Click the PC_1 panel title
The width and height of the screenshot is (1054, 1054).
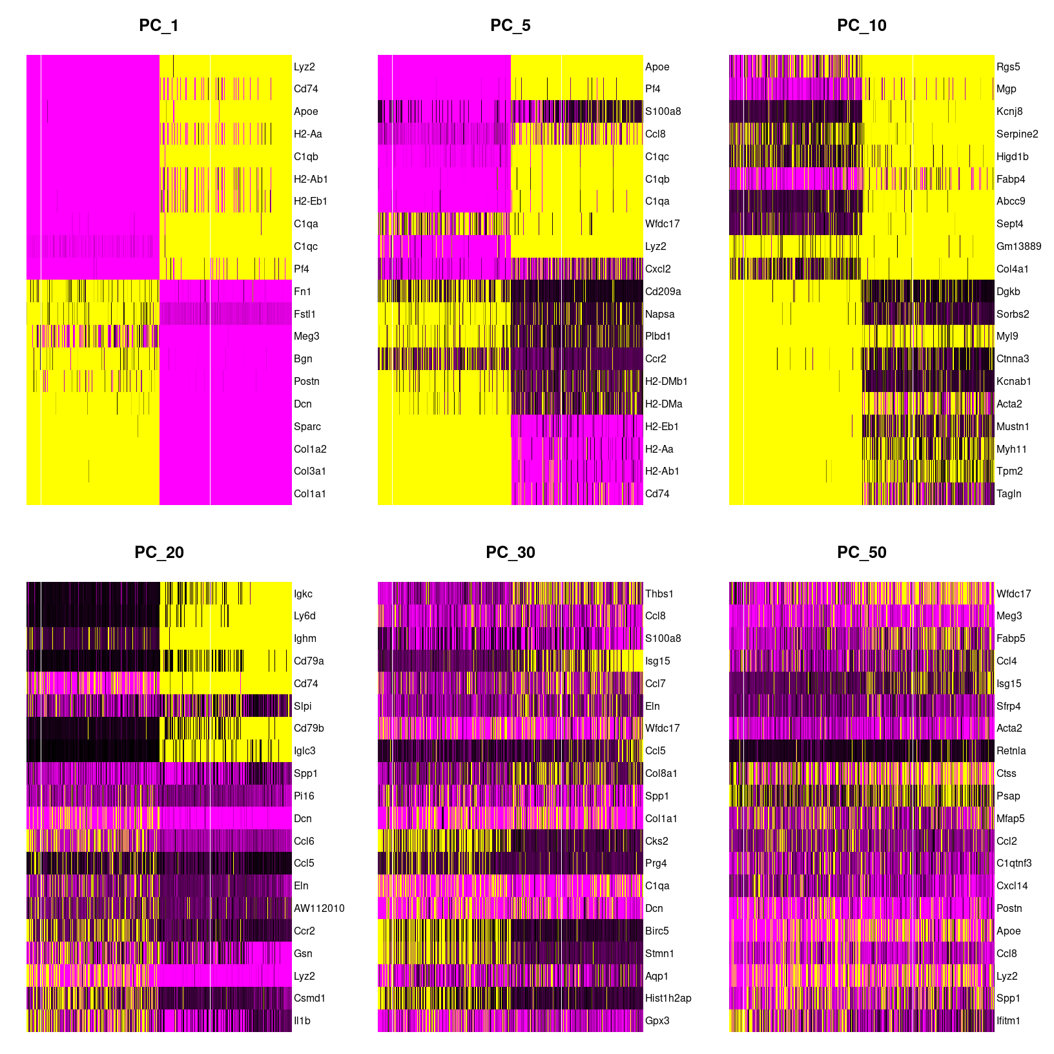158,25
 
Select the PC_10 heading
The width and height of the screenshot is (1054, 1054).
861,25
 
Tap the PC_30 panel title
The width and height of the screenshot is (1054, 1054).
510,552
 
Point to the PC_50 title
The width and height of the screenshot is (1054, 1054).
861,552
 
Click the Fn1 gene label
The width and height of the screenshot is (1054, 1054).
302,291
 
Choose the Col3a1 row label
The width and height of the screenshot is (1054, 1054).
309,471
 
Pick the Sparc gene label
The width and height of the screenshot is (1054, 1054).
307,426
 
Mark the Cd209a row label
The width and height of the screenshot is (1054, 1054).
663,291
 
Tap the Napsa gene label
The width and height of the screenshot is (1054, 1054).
659,314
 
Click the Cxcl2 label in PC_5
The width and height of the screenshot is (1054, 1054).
657,269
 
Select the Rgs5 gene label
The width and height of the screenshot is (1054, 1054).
1008,67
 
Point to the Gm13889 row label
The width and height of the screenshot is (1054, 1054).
1018,246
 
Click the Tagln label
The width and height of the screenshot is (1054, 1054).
1009,493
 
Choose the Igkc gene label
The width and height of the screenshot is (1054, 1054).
303,594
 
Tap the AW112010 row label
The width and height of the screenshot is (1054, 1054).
319,908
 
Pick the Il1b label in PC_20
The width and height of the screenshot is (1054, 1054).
302,1020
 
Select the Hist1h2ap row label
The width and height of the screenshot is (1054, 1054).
668,998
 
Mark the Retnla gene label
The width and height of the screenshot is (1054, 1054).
1011,750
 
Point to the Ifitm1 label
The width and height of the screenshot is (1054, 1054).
1008,1020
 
